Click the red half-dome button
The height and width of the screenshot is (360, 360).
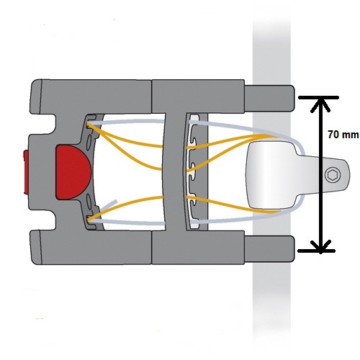point(72,172)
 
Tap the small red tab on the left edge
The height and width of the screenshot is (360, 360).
point(26,172)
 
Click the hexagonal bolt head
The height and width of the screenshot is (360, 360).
point(333,174)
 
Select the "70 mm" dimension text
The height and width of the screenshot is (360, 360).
point(343,135)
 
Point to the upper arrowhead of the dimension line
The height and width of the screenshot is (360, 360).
point(320,105)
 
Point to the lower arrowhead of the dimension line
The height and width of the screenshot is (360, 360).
point(320,246)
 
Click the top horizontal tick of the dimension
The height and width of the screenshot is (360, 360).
point(318,97)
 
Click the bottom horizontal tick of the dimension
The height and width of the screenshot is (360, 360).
point(316,251)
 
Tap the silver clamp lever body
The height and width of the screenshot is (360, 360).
point(271,175)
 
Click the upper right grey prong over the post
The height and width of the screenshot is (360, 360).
point(269,98)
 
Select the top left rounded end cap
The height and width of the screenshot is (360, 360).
point(35,96)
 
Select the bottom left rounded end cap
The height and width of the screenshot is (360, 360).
point(35,248)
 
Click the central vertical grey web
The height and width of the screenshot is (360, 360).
point(176,172)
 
